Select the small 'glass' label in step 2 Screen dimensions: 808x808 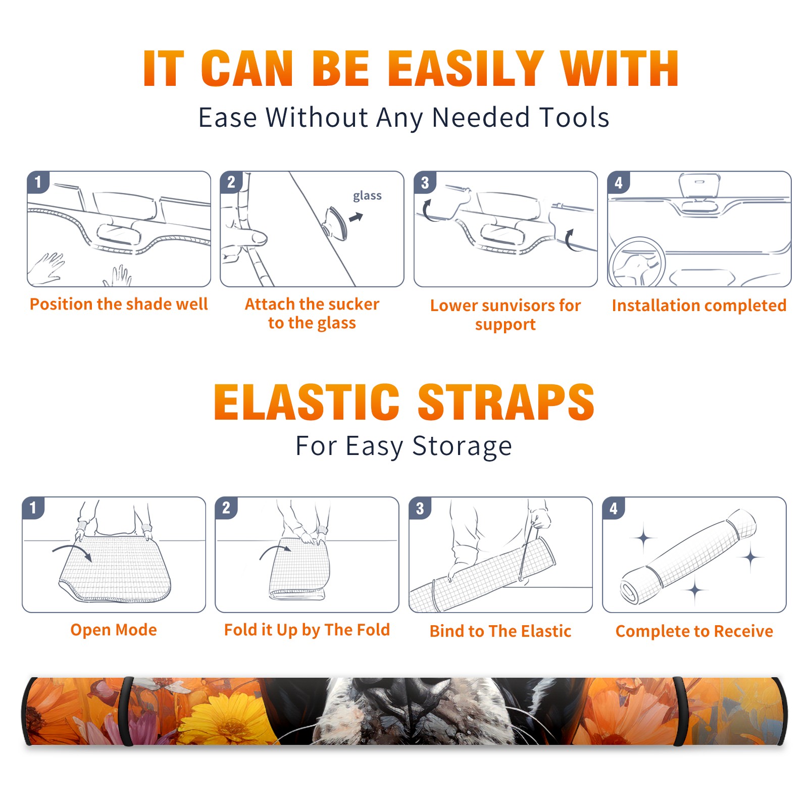tap(367, 195)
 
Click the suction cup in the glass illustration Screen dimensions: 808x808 tap(336, 223)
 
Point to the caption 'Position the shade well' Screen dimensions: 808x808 tap(119, 304)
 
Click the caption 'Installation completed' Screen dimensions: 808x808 tap(699, 306)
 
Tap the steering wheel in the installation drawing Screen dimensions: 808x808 tap(637, 262)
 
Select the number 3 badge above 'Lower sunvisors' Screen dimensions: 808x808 tap(425, 182)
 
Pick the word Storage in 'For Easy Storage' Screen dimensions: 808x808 tap(462, 447)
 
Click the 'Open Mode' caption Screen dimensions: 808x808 tap(114, 630)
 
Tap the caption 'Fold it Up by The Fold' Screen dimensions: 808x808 tap(307, 630)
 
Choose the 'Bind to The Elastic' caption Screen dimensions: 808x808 tap(500, 631)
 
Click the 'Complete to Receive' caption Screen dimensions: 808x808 tap(694, 631)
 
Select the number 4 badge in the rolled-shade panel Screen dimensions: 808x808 tap(614, 508)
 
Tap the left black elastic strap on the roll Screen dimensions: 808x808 tap(127, 712)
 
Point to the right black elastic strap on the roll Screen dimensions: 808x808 tap(679, 712)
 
